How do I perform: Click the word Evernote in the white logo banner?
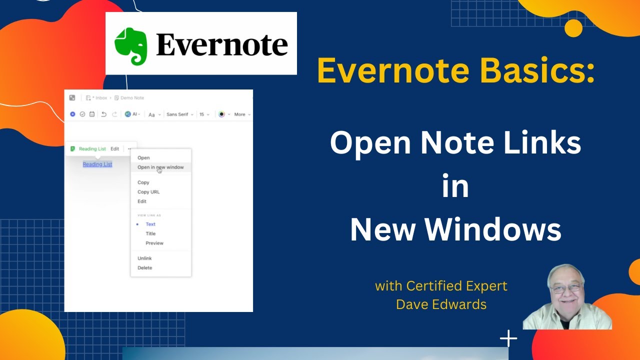(222, 45)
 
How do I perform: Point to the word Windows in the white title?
(493, 230)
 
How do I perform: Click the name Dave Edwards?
(441, 304)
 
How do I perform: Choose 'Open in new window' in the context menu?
(160, 167)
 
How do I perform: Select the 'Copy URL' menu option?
(148, 192)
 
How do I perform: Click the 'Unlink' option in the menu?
(144, 258)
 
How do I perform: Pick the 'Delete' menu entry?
(145, 268)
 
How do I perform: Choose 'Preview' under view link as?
(154, 243)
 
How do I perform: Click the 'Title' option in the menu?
(150, 233)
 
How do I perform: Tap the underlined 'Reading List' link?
(97, 164)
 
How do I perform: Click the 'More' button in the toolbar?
(240, 114)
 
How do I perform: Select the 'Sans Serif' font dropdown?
(177, 114)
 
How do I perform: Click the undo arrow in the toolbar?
(104, 114)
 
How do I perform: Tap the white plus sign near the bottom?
(508, 338)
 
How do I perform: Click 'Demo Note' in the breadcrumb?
(132, 98)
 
